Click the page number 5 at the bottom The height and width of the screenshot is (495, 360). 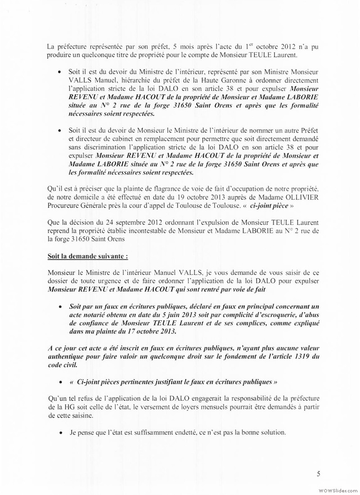coord(319,473)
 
